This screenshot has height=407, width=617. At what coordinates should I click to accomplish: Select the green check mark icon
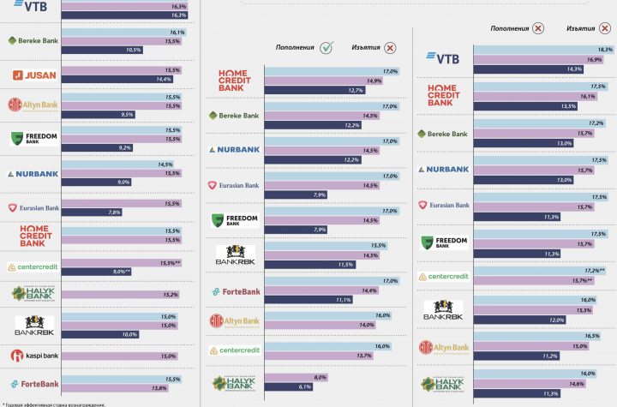[x=326, y=48]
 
